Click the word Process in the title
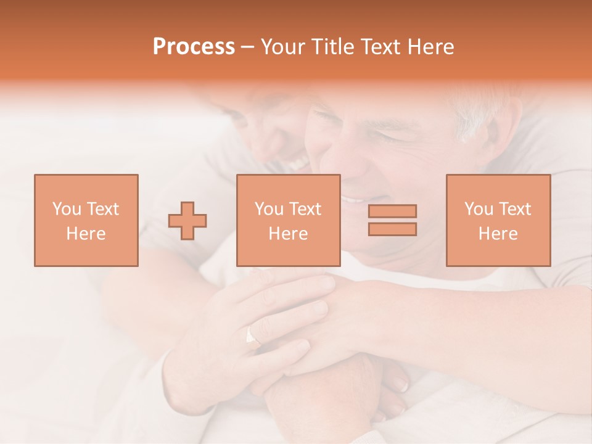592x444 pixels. (x=194, y=47)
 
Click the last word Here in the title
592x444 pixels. (x=430, y=47)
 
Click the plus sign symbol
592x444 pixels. (x=187, y=221)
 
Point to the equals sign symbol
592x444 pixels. (x=392, y=220)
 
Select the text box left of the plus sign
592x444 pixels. (x=86, y=220)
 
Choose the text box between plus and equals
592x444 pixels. (x=288, y=220)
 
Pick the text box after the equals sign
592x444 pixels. (x=498, y=220)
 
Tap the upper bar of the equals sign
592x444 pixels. (x=392, y=211)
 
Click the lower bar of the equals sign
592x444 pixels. (x=392, y=229)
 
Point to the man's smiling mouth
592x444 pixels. (x=355, y=199)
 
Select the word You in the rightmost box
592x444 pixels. (x=479, y=209)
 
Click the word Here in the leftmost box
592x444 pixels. (x=86, y=234)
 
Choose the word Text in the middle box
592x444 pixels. (x=306, y=209)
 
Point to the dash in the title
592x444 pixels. (x=248, y=47)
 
